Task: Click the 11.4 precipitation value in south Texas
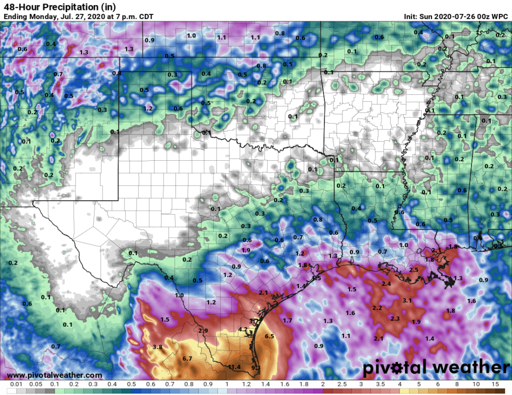pyautogui.click(x=234, y=367)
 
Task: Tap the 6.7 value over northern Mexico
pyautogui.click(x=188, y=359)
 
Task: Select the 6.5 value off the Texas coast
pyautogui.click(x=269, y=336)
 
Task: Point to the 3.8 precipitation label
pyautogui.click(x=157, y=347)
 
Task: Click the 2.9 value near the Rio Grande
pyautogui.click(x=203, y=331)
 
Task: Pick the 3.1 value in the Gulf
pyautogui.click(x=407, y=301)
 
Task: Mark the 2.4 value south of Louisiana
pyautogui.click(x=386, y=284)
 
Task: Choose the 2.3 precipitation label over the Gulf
pyautogui.click(x=395, y=318)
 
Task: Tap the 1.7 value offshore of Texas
pyautogui.click(x=287, y=320)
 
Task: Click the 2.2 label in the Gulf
pyautogui.click(x=377, y=308)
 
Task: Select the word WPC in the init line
pyautogui.click(x=500, y=16)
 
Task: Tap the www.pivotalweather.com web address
pyautogui.click(x=54, y=375)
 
